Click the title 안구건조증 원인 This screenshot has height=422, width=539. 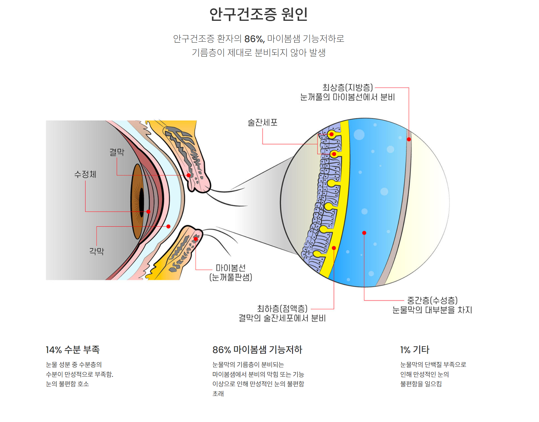pyautogui.click(x=258, y=14)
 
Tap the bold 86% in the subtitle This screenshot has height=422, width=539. pyautogui.click(x=254, y=39)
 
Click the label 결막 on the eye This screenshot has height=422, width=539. pyautogui.click(x=117, y=152)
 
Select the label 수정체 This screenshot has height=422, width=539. pyautogui.click(x=85, y=174)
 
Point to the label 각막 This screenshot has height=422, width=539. pyautogui.click(x=97, y=251)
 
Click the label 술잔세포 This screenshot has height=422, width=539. pyautogui.click(x=262, y=122)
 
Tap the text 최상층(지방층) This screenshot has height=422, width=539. pyautogui.click(x=348, y=87)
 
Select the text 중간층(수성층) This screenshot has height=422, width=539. pyautogui.click(x=432, y=300)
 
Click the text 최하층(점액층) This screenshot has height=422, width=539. pyautogui.click(x=282, y=309)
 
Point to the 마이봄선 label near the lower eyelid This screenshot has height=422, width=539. pyautogui.click(x=231, y=268)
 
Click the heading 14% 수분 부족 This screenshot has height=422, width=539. pyautogui.click(x=73, y=350)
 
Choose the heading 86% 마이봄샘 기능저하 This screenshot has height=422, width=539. pyautogui.click(x=257, y=350)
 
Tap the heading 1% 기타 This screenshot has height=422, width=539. pyautogui.click(x=415, y=350)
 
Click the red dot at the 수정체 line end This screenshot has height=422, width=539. pyautogui.click(x=148, y=212)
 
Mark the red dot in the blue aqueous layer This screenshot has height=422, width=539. pyautogui.click(x=364, y=233)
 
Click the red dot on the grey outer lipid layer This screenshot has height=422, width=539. pyautogui.click(x=409, y=139)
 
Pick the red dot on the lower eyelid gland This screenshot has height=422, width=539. pyautogui.click(x=196, y=239)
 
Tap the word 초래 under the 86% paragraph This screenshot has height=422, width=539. pyautogui.click(x=218, y=393)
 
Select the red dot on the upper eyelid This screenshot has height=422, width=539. pyautogui.click(x=189, y=175)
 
